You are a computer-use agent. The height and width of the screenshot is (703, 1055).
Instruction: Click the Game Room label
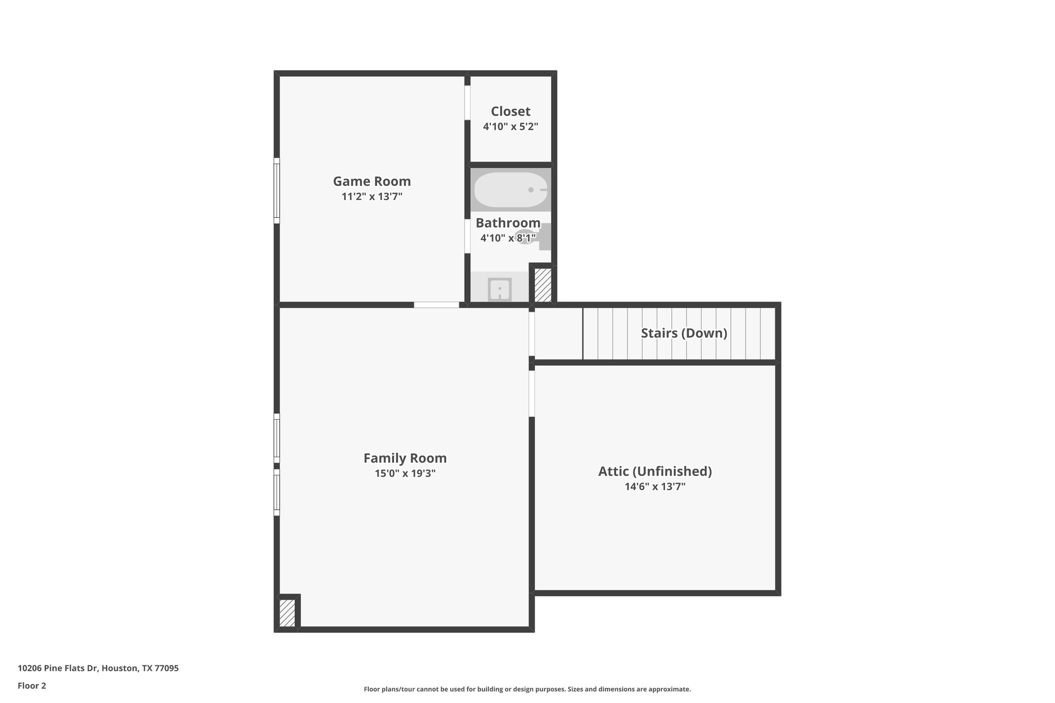click(371, 181)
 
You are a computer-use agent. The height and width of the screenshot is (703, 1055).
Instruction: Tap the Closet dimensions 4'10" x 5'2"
click(510, 127)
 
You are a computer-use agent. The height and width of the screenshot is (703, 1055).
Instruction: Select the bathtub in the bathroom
click(510, 190)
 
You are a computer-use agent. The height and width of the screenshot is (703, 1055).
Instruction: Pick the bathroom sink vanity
click(499, 289)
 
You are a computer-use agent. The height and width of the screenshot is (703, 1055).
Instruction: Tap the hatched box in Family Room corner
click(287, 613)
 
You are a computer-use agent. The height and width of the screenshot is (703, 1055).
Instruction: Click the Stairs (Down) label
click(684, 333)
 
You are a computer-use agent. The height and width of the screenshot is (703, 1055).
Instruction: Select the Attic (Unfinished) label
click(655, 471)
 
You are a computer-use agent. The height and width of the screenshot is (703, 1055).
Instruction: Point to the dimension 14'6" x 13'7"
click(655, 487)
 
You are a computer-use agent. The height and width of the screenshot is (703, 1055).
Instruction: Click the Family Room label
click(405, 458)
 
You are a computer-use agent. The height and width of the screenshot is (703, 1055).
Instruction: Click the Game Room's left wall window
click(277, 191)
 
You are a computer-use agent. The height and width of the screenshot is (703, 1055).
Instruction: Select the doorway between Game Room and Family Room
click(436, 305)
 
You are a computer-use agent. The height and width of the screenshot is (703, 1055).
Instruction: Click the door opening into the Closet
click(467, 102)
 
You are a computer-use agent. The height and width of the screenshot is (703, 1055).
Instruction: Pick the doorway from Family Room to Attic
click(532, 393)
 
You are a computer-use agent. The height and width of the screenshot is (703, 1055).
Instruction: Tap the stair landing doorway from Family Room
click(532, 333)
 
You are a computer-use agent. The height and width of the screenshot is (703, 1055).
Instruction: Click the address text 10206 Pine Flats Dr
click(98, 668)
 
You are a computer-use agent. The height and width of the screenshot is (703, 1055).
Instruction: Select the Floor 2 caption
click(32, 685)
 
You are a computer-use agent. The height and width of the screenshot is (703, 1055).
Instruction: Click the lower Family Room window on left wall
click(277, 492)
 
